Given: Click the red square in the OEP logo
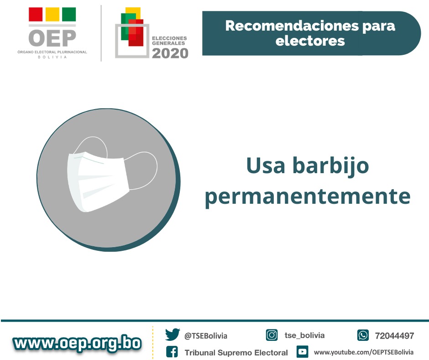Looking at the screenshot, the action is [36, 14].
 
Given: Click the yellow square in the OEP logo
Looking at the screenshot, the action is [52, 14].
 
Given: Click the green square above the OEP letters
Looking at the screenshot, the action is [69, 14].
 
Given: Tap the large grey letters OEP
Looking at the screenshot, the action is [52, 38].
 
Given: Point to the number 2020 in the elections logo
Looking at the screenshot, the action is [170, 53].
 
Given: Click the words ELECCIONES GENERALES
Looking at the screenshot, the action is [169, 41].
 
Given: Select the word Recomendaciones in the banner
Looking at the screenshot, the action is [292, 26].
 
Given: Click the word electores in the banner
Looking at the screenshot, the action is [310, 41].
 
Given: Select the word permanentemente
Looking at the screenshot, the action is [308, 196].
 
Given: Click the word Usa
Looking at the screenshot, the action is [266, 165].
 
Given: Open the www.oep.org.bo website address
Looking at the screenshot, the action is [77, 343].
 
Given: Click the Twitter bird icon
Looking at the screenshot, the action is [173, 334].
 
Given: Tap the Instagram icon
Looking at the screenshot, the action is [272, 335].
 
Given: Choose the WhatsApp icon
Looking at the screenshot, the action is [363, 335].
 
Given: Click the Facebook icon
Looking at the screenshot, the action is [172, 352].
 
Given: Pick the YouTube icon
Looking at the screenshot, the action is [302, 352].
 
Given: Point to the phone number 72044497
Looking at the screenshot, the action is [394, 336].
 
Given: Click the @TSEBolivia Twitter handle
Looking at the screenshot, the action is [206, 336].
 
